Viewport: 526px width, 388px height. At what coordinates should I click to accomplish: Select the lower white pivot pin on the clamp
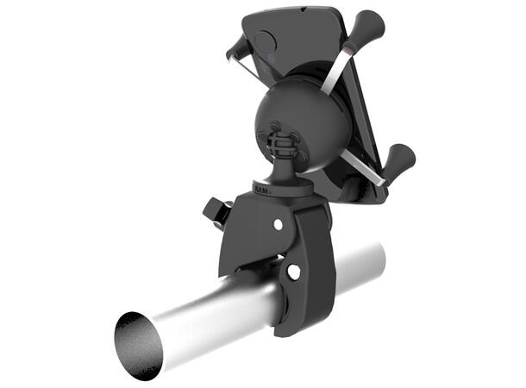(x=294, y=272)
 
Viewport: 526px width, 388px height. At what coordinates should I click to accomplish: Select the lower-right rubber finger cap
(x=401, y=160)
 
